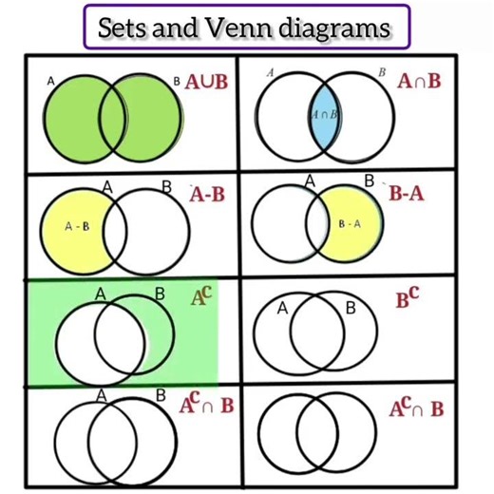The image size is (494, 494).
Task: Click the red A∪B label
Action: point(206,82)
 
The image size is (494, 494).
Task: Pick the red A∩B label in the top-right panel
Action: point(420,82)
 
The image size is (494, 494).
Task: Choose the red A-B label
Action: point(206,196)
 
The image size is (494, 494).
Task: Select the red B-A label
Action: point(407,194)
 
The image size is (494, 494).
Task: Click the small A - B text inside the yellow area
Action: point(76,227)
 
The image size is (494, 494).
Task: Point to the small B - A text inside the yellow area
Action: point(350,223)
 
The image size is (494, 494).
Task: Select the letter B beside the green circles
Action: point(176,83)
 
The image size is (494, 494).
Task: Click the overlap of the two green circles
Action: point(112,115)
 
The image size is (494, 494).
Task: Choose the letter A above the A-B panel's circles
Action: point(108,186)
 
